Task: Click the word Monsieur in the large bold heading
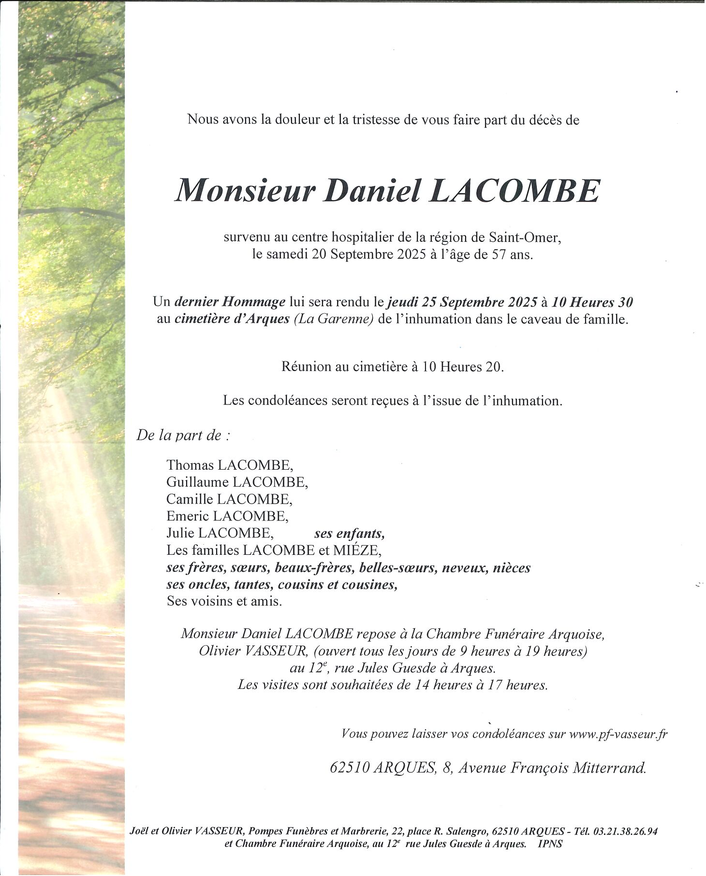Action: point(245,191)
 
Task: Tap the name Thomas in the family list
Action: point(190,465)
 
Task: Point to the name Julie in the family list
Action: point(180,533)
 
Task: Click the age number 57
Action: point(499,254)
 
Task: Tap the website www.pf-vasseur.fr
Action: point(618,734)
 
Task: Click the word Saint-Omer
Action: point(524,238)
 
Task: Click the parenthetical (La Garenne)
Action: point(334,319)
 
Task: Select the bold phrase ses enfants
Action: point(349,534)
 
